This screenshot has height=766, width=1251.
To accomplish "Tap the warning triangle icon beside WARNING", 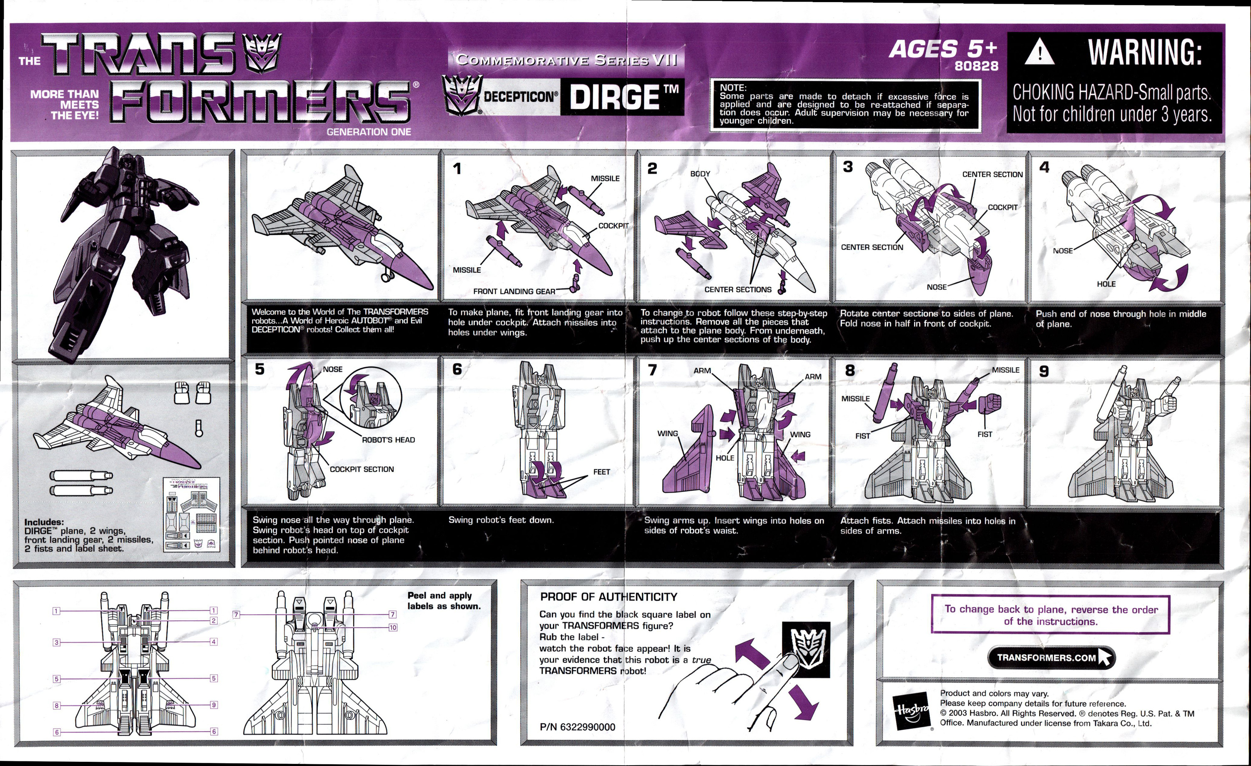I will (1039, 52).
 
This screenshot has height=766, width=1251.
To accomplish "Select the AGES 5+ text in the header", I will (942, 49).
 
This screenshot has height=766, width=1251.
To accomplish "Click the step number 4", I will (1044, 167).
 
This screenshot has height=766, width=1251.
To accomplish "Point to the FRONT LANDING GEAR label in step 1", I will (514, 291).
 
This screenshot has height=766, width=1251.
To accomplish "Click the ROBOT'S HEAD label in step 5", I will (388, 440).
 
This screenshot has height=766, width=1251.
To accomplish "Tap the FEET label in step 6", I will (601, 472).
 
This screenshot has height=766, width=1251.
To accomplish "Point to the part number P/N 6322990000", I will (577, 727).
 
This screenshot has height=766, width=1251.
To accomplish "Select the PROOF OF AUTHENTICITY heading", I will (608, 597).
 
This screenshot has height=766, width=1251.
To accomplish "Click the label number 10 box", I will (392, 628).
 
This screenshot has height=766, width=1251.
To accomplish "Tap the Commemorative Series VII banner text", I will (566, 60).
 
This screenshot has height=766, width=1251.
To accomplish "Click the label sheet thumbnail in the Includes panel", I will (192, 515).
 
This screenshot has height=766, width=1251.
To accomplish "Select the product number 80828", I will (976, 66).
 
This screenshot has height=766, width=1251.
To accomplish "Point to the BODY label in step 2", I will (700, 173).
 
